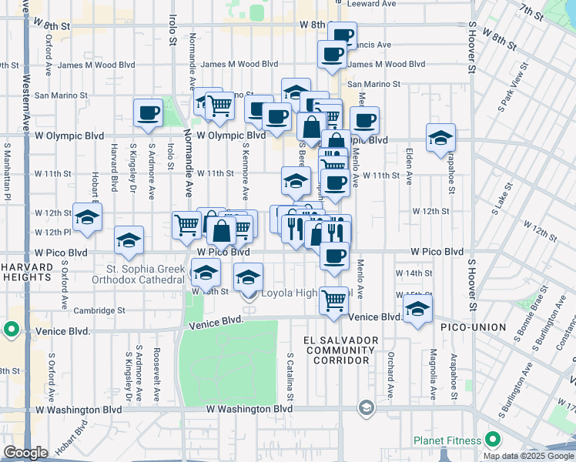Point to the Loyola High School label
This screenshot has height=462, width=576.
coord(306,293)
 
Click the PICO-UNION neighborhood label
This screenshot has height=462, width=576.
coord(473,327)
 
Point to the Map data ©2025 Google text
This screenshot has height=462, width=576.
coord(528,456)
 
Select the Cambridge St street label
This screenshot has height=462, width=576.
coord(99,311)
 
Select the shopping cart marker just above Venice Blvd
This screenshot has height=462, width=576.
coord(334,299)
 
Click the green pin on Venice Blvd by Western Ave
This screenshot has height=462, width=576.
coord(11,330)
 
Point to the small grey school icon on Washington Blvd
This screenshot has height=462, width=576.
coord(367,407)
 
